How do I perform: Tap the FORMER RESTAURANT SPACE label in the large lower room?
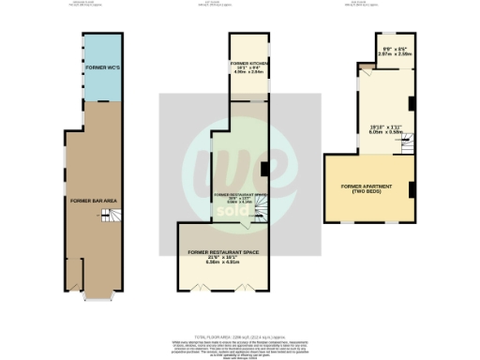222,252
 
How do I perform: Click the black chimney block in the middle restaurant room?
263,170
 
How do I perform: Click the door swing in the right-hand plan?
368,89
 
